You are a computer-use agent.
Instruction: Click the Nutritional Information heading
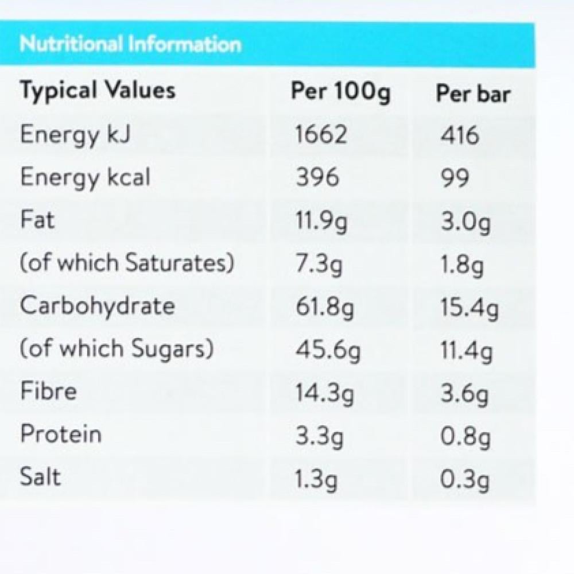point(130,45)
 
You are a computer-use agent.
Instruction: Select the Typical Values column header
point(98,91)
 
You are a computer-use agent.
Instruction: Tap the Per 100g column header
point(340,92)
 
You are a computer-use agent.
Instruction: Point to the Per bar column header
point(473,94)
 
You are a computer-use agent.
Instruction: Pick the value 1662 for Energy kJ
point(321,134)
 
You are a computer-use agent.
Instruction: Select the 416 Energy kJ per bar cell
point(459,135)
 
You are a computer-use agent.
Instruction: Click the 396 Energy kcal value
point(317,178)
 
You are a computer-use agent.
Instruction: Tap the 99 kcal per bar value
point(455,179)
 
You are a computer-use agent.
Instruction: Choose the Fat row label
point(38,220)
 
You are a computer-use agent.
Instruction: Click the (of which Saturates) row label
point(127,263)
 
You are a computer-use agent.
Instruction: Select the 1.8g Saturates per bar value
point(463,265)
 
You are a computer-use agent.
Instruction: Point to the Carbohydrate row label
point(97,305)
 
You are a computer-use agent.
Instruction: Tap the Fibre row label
point(49,391)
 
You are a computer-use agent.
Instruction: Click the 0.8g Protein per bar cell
point(466,438)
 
